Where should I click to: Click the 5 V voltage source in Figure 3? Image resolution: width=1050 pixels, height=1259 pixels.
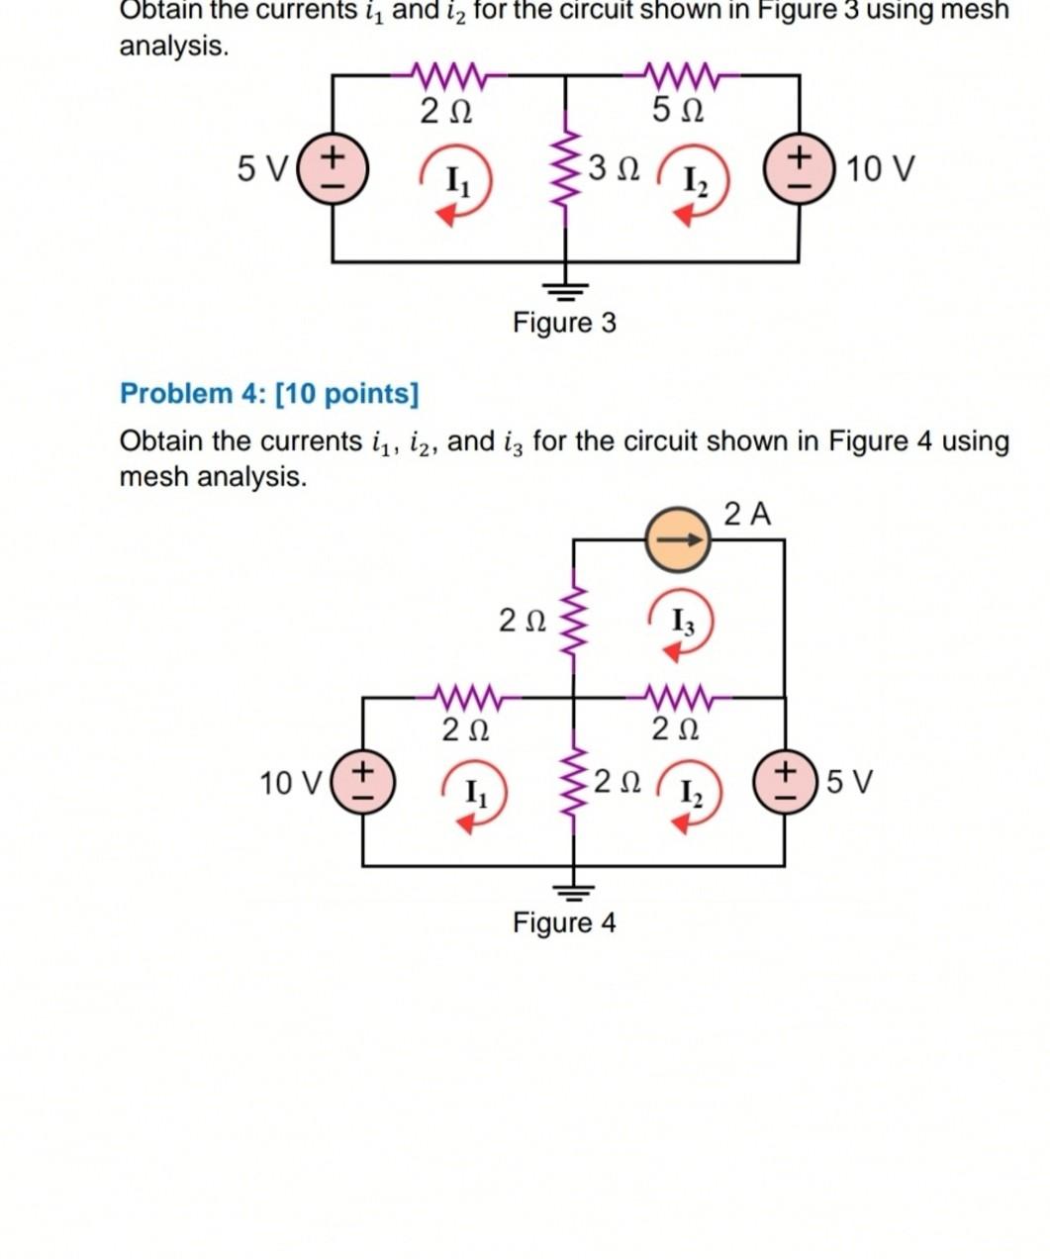333,169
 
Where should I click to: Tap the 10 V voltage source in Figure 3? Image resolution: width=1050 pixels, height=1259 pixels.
800,169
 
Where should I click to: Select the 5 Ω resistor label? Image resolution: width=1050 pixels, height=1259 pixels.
678,111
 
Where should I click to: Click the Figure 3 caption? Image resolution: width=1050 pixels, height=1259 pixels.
564,323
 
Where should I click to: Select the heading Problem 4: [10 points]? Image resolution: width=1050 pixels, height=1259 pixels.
269,394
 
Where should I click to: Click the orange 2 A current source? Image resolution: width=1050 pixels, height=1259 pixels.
678,540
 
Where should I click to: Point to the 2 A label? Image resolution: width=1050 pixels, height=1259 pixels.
747,515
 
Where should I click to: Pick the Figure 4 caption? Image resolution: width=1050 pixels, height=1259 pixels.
564,923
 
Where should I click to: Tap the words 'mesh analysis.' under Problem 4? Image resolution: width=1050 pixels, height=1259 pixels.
213,477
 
